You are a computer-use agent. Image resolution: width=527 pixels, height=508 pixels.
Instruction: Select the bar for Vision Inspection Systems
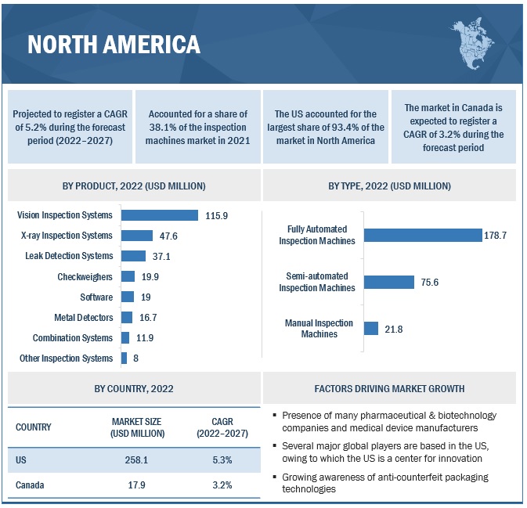point(160,215)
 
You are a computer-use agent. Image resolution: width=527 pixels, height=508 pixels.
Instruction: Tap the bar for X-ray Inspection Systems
point(137,236)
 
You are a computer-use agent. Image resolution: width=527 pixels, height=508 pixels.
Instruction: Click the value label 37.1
point(161,256)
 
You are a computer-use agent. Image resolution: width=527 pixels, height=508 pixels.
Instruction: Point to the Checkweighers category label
point(85,276)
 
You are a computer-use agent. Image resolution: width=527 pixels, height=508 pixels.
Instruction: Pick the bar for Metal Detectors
point(127,317)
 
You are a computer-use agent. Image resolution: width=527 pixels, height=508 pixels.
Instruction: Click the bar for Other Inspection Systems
point(124,358)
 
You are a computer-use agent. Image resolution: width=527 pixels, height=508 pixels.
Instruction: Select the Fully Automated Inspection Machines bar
point(423,235)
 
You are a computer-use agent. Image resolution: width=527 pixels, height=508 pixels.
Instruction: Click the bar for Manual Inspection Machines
point(371,329)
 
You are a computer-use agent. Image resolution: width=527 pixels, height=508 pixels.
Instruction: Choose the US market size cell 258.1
point(137,460)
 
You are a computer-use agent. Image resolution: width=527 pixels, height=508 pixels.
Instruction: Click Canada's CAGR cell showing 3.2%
point(222,485)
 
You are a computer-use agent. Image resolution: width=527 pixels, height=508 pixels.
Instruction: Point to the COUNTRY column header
point(33,427)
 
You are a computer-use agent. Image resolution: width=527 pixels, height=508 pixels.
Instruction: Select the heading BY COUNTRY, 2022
point(134,388)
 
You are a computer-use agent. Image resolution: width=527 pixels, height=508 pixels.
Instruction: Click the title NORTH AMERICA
point(114,45)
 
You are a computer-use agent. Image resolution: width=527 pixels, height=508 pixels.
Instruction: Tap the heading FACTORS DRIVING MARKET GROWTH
point(389,388)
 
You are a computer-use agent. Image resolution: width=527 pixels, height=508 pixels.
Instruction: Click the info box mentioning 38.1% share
point(197,128)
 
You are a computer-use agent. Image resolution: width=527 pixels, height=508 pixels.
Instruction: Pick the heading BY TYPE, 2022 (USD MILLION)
point(389,186)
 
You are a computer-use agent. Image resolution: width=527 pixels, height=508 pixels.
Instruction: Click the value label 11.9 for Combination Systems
point(144,337)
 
